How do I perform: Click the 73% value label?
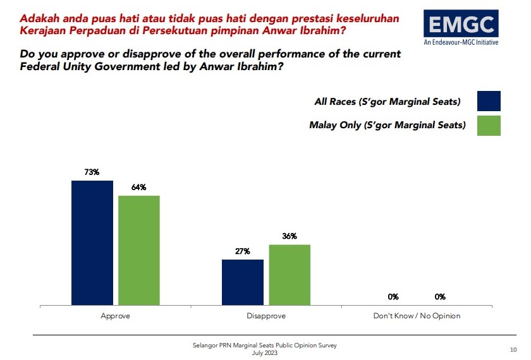(92, 172)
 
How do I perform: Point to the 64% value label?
(139, 187)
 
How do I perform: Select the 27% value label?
(242, 251)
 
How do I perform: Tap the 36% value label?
(290, 236)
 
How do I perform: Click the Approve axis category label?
(116, 315)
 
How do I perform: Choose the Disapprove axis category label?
(266, 315)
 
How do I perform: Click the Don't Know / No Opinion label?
(416, 315)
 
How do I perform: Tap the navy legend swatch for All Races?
(489, 101)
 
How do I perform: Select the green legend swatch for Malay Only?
(489, 125)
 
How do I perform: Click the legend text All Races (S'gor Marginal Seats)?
(387, 101)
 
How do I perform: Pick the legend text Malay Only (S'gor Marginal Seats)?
(387, 125)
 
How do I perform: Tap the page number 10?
(513, 349)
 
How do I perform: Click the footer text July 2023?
(265, 352)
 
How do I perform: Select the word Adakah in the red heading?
(40, 19)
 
